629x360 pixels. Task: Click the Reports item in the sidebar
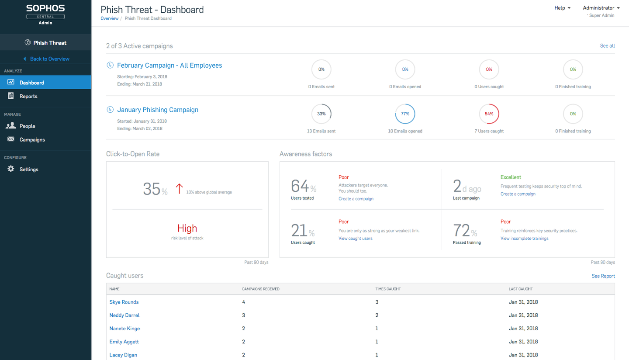coord(28,96)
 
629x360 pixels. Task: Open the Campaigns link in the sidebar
coord(32,140)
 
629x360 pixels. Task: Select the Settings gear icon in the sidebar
coord(11,169)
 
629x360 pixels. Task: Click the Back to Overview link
coord(49,59)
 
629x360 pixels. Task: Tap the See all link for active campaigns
coord(607,46)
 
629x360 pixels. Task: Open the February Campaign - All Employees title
coord(169,66)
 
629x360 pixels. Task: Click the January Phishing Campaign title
coord(158,110)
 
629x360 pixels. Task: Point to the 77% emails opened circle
coord(405,114)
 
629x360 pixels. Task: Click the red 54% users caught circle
coord(489,114)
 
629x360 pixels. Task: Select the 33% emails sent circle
coord(321,114)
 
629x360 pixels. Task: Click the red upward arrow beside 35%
coord(179,189)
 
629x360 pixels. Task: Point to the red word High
coord(187,228)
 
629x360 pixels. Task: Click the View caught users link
coord(356,239)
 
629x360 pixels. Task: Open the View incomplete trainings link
coord(524,239)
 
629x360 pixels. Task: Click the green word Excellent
coord(511,177)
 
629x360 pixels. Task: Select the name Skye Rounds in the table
coord(124,302)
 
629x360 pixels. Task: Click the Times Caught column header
coord(388,289)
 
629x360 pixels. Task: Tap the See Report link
coord(603,276)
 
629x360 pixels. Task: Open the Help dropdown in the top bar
coord(562,8)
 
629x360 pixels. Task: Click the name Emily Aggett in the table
coord(124,342)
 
